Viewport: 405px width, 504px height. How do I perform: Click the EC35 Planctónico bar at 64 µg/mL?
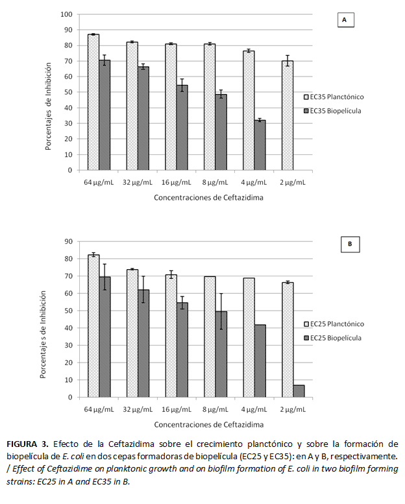point(93,102)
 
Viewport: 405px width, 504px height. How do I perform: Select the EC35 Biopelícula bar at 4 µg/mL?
point(260,146)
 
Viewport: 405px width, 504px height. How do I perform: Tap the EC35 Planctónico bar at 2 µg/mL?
point(287,115)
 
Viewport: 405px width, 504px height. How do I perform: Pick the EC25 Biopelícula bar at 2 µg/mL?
point(299,391)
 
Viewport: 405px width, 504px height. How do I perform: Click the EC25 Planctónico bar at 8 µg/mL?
point(209,337)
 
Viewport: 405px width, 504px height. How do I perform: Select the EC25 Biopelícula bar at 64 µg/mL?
point(105,337)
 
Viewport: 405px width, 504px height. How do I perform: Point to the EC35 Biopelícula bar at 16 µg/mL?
point(182,128)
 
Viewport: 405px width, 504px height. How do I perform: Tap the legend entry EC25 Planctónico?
point(336,324)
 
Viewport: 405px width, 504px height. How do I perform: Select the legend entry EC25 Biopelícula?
point(336,338)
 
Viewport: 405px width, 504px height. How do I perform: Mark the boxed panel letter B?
point(349,245)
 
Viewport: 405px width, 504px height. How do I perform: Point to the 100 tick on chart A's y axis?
point(66,14)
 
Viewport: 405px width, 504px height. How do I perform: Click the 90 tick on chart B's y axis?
point(68,241)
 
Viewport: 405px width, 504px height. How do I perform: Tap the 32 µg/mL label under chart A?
point(138,183)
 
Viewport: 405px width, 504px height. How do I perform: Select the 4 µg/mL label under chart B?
point(254,410)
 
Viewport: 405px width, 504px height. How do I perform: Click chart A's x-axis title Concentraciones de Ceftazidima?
point(208,197)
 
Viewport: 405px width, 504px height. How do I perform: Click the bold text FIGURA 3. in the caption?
point(27,444)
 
